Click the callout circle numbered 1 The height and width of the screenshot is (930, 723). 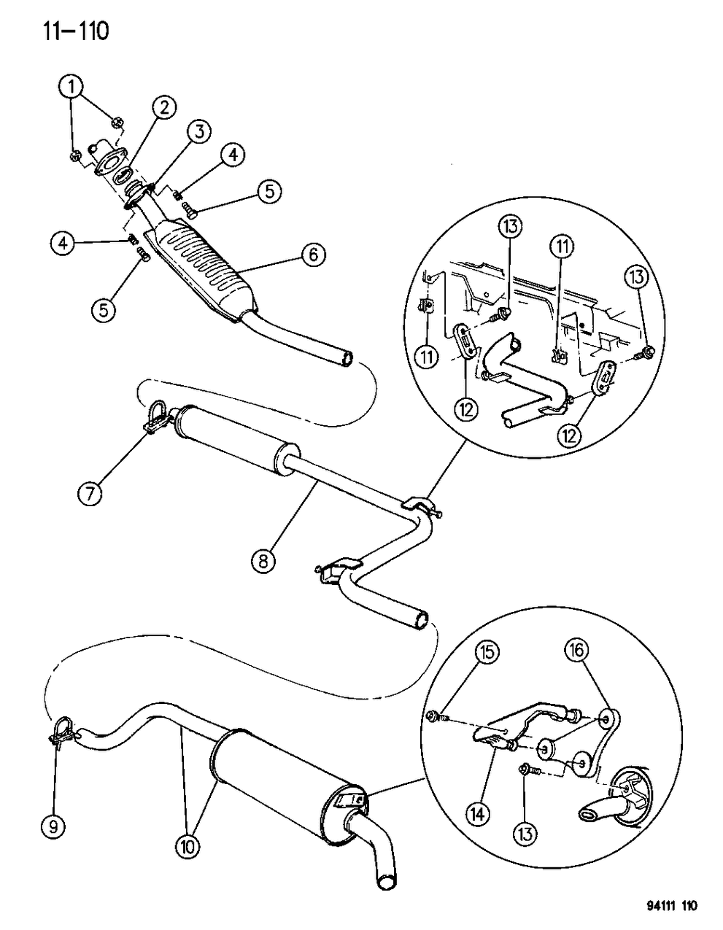(71, 88)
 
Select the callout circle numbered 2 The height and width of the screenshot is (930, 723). (163, 109)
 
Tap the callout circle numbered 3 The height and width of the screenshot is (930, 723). (198, 132)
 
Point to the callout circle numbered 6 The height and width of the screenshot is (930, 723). (312, 255)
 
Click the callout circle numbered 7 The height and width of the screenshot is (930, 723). (92, 494)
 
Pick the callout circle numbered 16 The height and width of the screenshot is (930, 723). (579, 649)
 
